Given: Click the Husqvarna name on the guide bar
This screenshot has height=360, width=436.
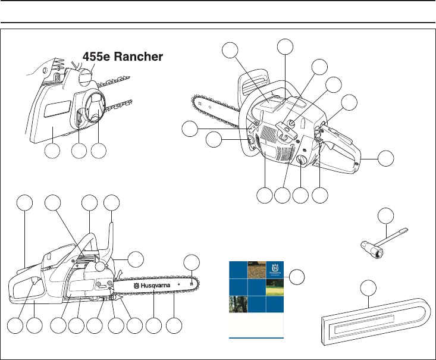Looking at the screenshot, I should click(x=158, y=286).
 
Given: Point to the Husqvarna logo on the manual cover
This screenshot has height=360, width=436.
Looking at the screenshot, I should click(x=274, y=269).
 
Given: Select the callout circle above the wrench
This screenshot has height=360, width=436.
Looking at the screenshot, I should click(x=387, y=215).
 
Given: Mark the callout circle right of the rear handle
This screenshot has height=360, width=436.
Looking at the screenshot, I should click(x=386, y=158).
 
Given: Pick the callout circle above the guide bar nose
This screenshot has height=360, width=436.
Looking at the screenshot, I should click(x=192, y=262).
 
